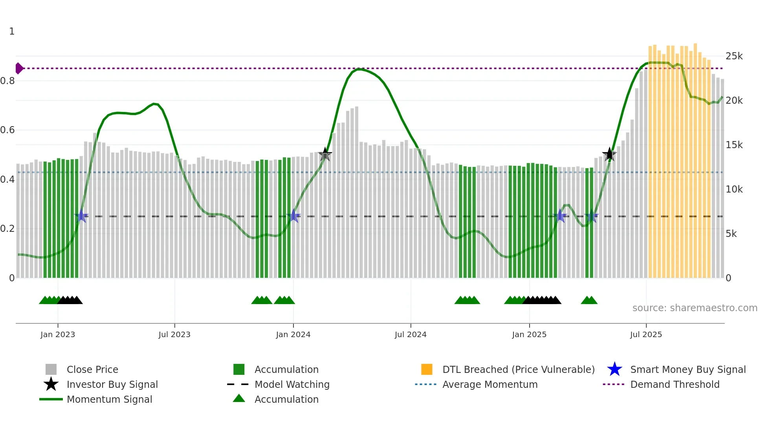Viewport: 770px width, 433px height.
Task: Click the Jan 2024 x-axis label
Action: [293, 335]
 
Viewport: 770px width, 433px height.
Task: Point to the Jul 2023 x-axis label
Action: [174, 335]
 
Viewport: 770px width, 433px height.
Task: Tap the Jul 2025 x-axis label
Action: [646, 335]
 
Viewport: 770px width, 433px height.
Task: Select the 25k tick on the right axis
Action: [734, 56]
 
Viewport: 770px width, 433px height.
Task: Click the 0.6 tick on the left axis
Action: [7, 130]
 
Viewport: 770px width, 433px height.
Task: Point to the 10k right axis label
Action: [734, 189]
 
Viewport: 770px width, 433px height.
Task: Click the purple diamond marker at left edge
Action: [19, 68]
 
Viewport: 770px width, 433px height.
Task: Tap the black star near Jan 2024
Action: [325, 154]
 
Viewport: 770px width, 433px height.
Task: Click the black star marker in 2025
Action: [609, 154]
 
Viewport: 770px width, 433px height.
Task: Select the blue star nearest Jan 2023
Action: [81, 216]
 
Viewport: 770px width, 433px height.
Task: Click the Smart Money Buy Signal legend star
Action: [614, 369]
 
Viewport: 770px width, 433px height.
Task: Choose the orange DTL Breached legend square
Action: [427, 369]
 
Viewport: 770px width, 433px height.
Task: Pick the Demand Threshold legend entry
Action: [675, 385]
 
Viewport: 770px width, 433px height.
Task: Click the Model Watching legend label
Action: [292, 385]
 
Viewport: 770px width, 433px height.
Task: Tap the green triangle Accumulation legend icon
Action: [239, 399]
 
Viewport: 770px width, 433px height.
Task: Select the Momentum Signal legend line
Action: [51, 399]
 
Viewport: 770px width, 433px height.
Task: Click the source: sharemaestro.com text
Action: [695, 308]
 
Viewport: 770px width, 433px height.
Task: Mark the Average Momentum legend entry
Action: [489, 385]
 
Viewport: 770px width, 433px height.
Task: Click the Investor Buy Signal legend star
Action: [51, 384]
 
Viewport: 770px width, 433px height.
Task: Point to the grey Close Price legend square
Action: [51, 369]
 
